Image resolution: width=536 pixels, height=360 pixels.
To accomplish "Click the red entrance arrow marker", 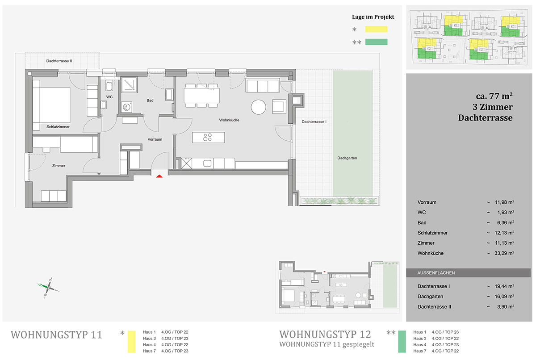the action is pos(159,176).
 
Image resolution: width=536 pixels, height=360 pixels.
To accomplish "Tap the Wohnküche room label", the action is pos(229,120).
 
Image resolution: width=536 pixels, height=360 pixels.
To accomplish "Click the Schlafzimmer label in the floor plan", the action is pos(58,127).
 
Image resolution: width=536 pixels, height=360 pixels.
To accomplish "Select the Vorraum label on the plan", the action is pos(155,139).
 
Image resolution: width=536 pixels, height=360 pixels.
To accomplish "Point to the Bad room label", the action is pos(150,100).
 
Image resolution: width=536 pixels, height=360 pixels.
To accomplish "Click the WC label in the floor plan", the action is pos(109,97).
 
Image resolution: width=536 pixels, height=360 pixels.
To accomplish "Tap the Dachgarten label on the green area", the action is pos(347,158).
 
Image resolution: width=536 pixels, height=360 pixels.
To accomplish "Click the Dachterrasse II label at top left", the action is pos(59,61).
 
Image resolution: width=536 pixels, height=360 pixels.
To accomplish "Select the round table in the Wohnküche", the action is pos(259,107).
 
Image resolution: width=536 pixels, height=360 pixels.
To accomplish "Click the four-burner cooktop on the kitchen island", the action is pos(207,137).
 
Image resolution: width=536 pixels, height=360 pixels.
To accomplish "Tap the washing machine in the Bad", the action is pos(126,107).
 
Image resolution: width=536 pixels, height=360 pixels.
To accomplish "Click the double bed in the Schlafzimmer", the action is pos(52,105).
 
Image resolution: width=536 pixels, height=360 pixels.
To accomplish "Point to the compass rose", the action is pos(48,287).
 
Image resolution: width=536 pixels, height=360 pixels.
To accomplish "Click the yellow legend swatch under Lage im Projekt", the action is pos(376,29).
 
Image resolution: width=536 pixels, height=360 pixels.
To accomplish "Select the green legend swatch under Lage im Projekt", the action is pos(376,42).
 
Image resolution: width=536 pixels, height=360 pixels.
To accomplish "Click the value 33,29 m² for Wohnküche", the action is pos(504,253).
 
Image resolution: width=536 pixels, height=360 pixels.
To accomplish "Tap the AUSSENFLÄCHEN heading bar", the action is pos(468,273).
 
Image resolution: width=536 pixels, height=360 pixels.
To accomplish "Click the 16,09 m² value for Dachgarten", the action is pos(504,297).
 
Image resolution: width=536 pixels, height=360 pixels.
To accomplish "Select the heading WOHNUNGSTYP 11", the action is pos(56,335).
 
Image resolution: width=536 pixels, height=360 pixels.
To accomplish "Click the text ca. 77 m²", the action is pos(494,96).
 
